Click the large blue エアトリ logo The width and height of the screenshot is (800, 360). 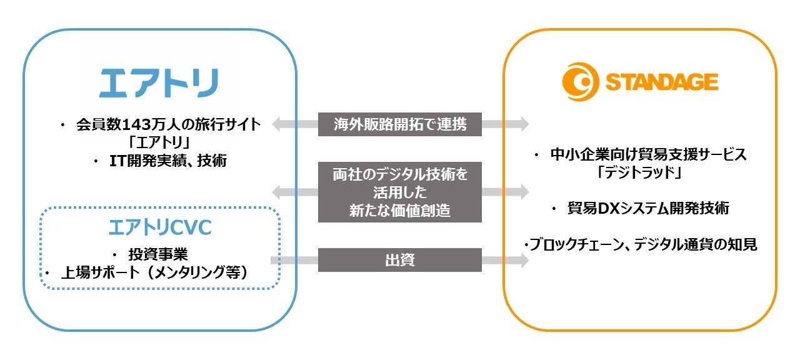159,82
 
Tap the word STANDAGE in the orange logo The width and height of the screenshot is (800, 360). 660,82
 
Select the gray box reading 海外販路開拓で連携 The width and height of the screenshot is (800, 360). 400,124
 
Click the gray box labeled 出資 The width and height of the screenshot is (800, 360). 400,260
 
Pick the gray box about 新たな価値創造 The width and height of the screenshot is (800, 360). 400,192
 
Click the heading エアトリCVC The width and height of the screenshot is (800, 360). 160,228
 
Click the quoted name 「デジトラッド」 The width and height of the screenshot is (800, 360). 641,172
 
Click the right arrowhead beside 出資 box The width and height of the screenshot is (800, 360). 524,261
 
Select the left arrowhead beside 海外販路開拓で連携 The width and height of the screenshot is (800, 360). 276,124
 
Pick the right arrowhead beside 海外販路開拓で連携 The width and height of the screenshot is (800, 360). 524,124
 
